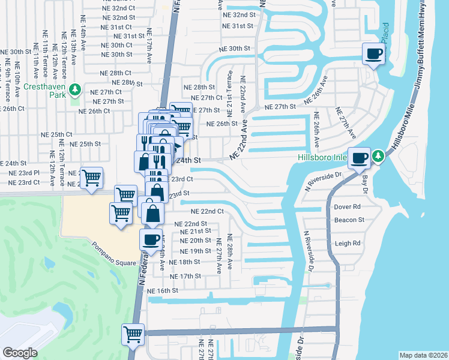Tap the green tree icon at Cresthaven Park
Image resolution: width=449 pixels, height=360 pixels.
click(x=75, y=90)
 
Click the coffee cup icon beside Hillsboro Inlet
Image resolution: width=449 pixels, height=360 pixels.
click(x=360, y=158)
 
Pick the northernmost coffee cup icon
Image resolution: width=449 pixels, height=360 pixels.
click(x=373, y=54)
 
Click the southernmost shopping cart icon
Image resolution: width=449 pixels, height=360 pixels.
click(x=133, y=334)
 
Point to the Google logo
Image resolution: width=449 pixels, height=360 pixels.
click(x=20, y=353)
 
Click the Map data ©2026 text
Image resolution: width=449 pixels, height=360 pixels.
click(x=423, y=355)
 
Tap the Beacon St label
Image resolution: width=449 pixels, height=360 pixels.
click(x=350, y=220)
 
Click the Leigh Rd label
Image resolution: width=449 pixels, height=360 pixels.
click(x=348, y=244)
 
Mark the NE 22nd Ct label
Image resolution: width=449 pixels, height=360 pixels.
click(x=207, y=212)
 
